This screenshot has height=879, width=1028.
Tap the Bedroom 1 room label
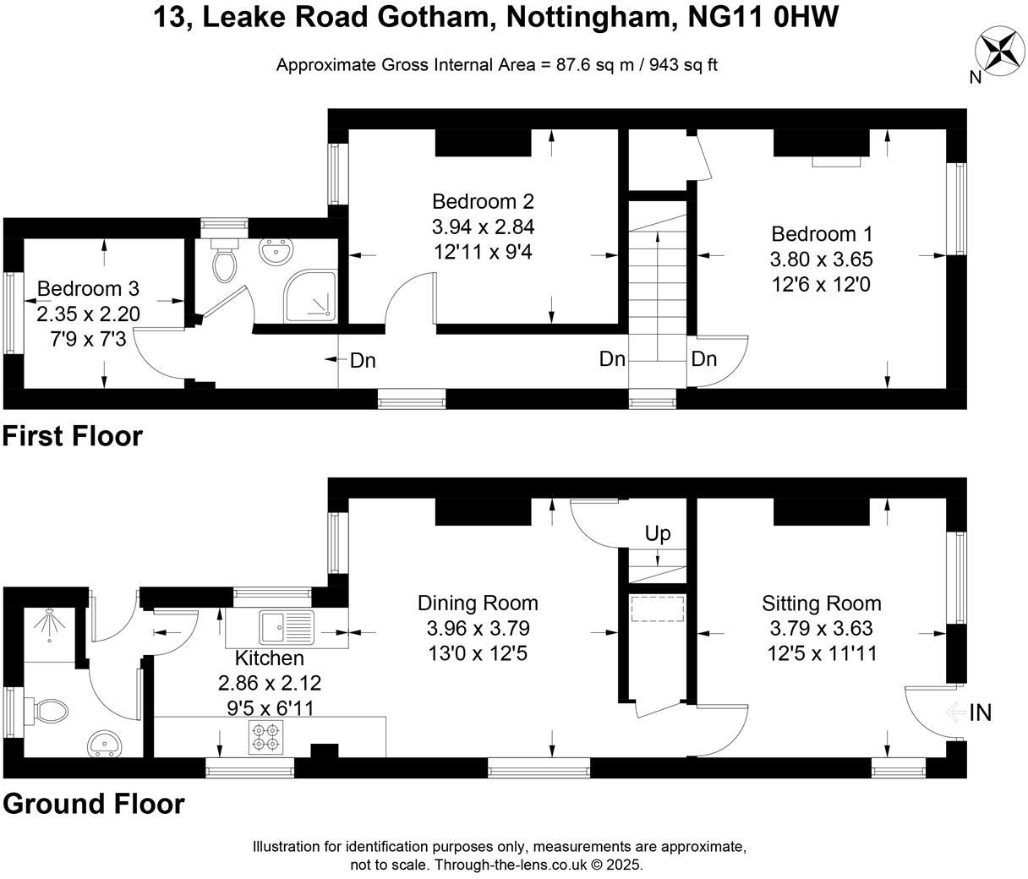pyautogui.click(x=822, y=233)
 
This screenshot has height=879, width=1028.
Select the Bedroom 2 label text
pyautogui.click(x=483, y=201)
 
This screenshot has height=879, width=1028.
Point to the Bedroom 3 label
pyautogui.click(x=88, y=289)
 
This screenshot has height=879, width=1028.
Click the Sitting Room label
pyautogui.click(x=821, y=603)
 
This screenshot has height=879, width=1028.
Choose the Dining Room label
pyautogui.click(x=478, y=603)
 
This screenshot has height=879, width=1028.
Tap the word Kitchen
pyautogui.click(x=269, y=658)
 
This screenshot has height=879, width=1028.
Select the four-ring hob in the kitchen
pyautogui.click(x=265, y=737)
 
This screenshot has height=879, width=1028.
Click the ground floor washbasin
pyautogui.click(x=106, y=745)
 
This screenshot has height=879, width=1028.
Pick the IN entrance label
pyautogui.click(x=980, y=713)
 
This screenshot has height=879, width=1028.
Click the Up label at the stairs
pyautogui.click(x=658, y=533)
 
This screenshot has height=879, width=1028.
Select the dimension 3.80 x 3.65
pyautogui.click(x=822, y=259)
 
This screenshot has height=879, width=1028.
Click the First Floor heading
pyautogui.click(x=72, y=436)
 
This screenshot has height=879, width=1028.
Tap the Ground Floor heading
pyautogui.click(x=93, y=803)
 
